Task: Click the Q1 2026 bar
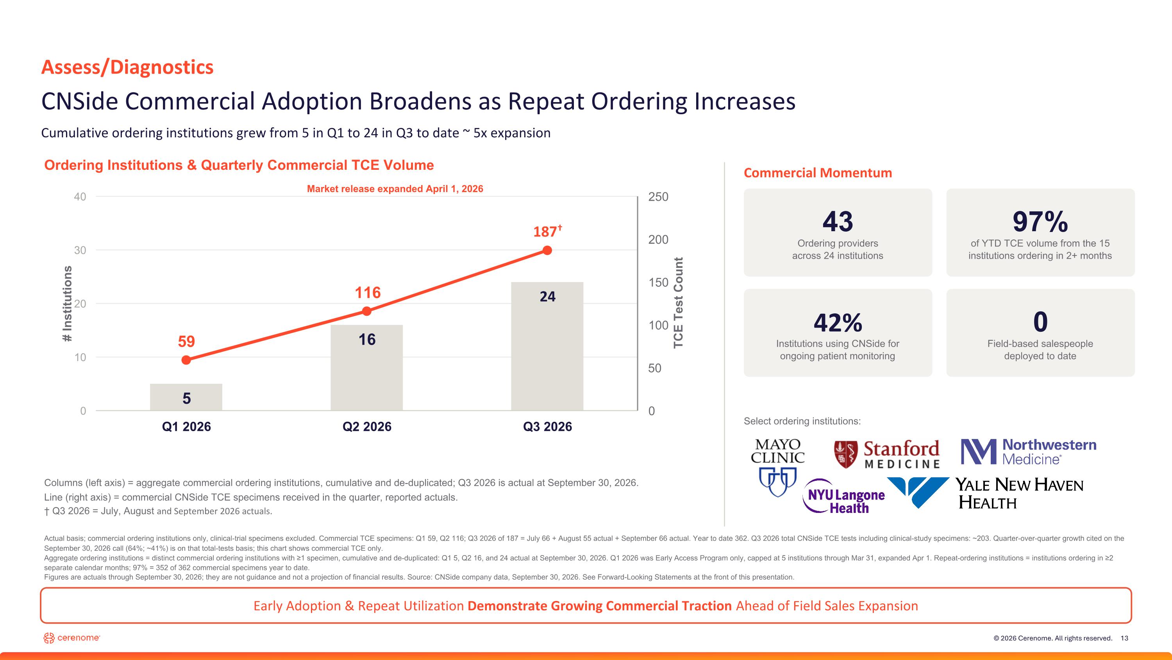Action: (186, 397)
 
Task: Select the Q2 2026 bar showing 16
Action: (367, 368)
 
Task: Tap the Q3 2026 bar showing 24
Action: (547, 346)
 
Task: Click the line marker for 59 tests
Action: (186, 360)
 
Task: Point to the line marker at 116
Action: (367, 311)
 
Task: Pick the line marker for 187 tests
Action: (547, 250)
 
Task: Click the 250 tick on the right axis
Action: (658, 197)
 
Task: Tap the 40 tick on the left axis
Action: (80, 197)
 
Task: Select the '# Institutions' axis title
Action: (67, 304)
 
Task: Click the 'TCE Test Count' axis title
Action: (678, 303)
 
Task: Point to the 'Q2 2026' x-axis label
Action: (367, 426)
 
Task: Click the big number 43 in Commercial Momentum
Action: (838, 221)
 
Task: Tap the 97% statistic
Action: (1040, 221)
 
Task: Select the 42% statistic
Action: (838, 322)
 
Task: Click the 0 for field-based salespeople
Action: (1040, 322)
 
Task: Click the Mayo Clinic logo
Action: (777, 467)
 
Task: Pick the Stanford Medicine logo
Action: (887, 454)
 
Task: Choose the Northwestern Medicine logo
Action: (1028, 451)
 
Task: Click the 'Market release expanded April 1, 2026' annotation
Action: (395, 189)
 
